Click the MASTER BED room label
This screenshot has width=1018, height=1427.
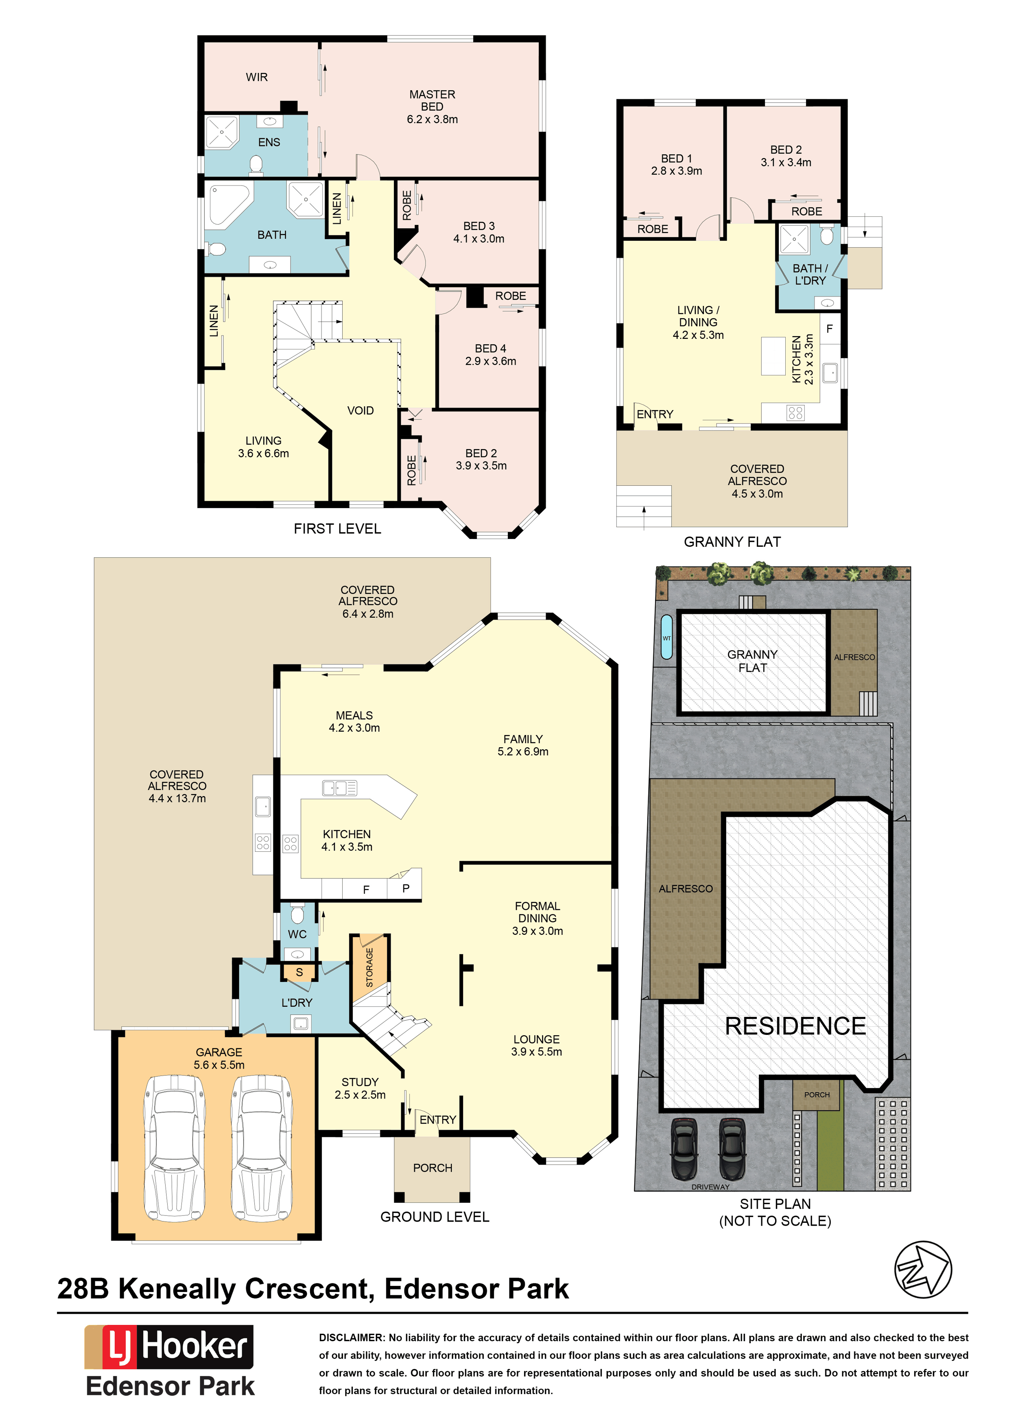coord(432,107)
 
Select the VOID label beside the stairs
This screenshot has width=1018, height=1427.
coord(360,410)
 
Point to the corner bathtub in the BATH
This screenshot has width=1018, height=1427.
coord(229,204)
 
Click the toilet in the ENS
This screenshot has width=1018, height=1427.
coord(256,165)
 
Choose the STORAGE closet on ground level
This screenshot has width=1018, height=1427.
coord(369,968)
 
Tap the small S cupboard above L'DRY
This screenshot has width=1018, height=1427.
coord(299,972)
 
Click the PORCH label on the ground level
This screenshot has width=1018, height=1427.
coord(433,1167)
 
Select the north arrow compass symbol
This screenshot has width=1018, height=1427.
coord(923,1270)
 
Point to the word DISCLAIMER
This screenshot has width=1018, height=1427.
coord(351,1338)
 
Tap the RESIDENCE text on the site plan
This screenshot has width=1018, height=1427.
coord(795,1026)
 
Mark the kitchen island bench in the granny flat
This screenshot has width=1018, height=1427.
coord(773,356)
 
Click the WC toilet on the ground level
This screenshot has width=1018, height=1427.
coord(298,914)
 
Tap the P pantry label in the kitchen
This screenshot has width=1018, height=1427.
coord(406,888)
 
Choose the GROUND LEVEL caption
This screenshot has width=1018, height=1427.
coord(435,1216)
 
